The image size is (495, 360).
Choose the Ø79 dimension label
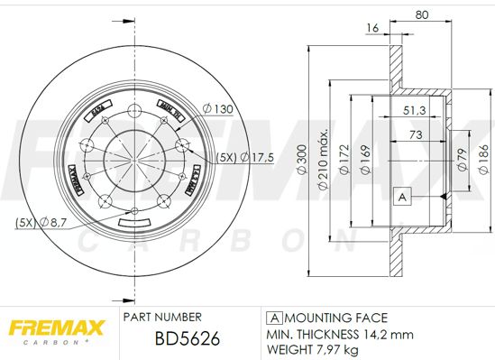(x=463, y=160)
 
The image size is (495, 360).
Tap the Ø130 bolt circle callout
(x=218, y=109)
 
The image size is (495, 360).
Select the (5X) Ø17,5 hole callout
(x=241, y=157)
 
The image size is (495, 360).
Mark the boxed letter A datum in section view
(x=402, y=196)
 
